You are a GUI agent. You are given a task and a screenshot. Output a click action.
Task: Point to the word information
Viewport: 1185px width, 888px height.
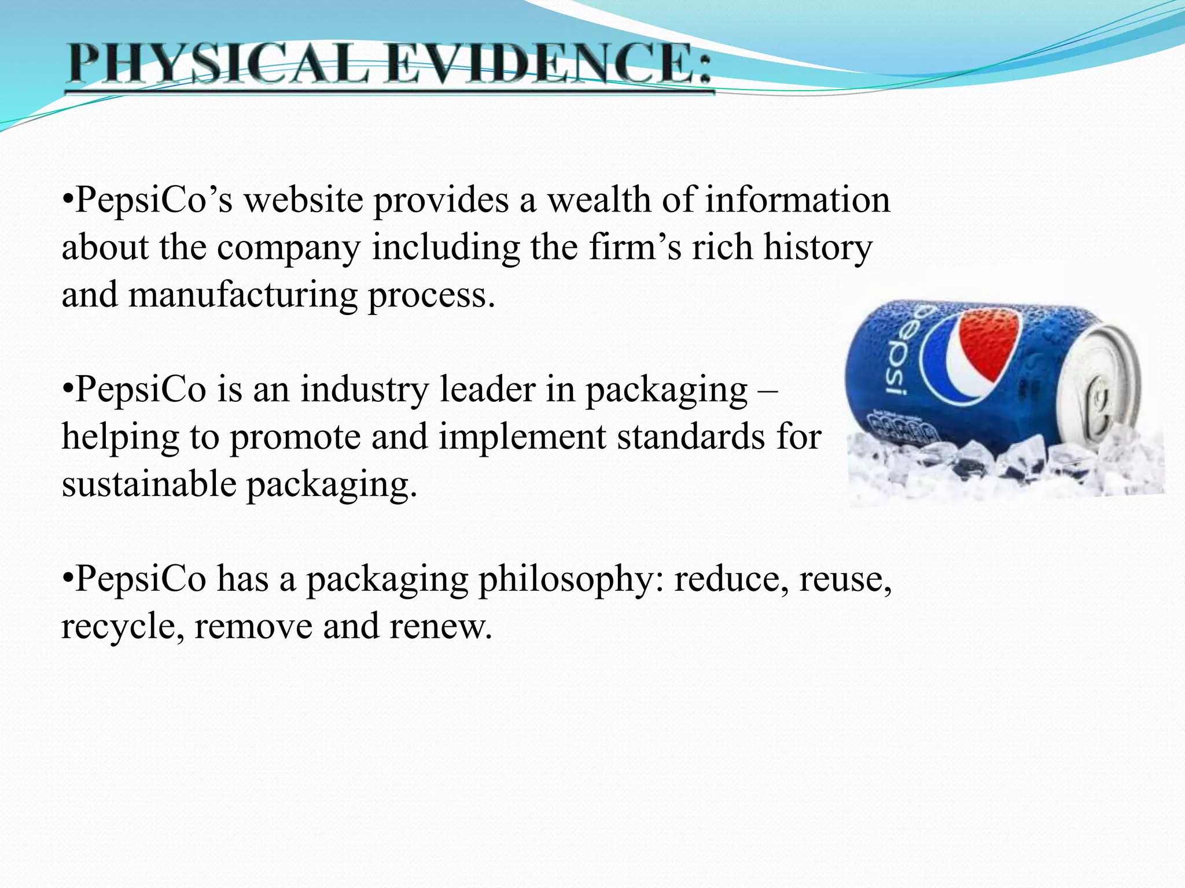point(797,201)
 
